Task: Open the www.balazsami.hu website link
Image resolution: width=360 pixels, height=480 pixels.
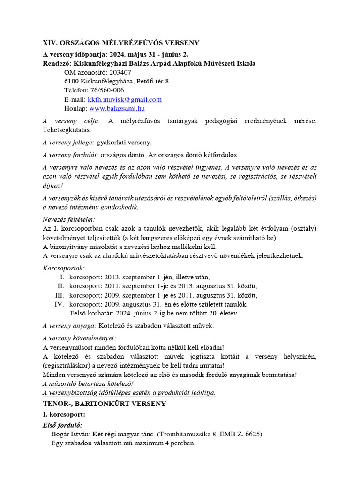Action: pos(117,108)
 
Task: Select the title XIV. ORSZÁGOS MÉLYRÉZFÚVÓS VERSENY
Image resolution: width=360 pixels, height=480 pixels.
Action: pos(121,43)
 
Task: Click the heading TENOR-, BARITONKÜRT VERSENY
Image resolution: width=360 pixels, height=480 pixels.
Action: pos(104,403)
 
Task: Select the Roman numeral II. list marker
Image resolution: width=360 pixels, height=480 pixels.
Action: pos(60,286)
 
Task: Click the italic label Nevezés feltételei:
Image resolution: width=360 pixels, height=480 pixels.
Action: pos(68,219)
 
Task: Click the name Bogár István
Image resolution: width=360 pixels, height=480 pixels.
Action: pos(70,434)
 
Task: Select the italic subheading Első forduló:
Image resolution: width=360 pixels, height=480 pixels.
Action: pos(62,425)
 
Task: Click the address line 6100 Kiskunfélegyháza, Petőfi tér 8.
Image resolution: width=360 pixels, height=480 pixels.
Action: pos(117,81)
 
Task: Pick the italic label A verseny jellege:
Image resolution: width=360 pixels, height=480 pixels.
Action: pos(68,142)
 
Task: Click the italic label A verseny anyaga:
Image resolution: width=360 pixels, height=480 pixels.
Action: pos(69,325)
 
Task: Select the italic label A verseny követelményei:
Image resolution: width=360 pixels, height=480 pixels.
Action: pos(79,338)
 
